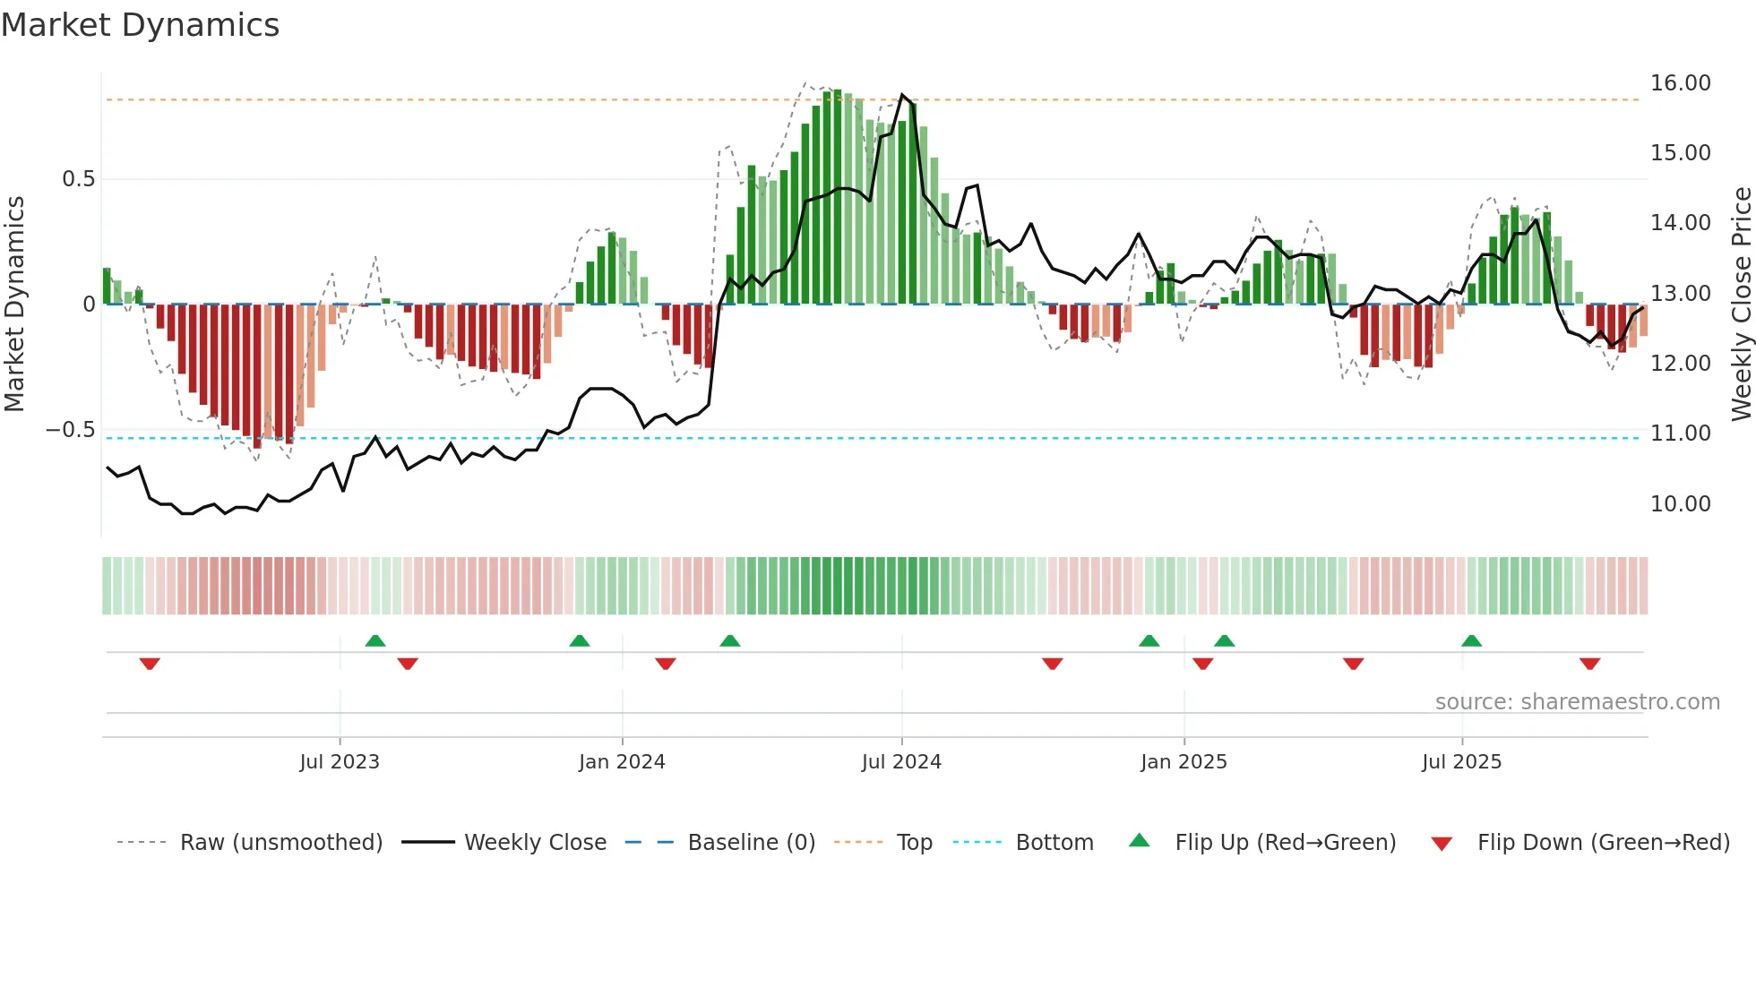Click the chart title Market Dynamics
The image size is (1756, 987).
[x=140, y=25]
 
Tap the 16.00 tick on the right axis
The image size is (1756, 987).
[x=1680, y=83]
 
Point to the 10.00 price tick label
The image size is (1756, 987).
[x=1680, y=504]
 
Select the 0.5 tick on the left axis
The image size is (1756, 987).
[x=78, y=179]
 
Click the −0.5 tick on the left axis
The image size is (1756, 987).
[x=71, y=430]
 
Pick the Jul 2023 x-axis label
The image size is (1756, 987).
[x=340, y=762]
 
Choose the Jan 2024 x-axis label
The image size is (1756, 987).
[x=622, y=762]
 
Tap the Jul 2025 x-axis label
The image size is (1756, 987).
[x=1461, y=762]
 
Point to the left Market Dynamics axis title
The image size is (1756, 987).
[x=14, y=305]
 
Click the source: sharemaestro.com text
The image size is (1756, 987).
[x=1577, y=702]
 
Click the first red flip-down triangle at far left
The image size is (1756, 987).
[x=150, y=664]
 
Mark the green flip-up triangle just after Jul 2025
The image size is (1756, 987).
[x=1471, y=640]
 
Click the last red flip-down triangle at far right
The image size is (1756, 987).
[x=1589, y=664]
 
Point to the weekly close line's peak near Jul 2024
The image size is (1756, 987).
[x=902, y=95]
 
